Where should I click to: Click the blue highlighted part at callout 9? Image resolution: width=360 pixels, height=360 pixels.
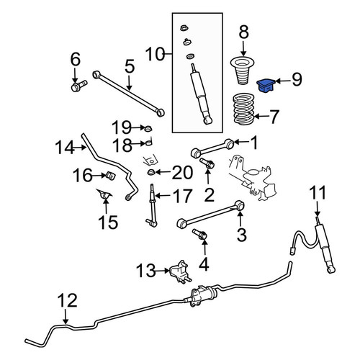pyautogui.click(x=266, y=86)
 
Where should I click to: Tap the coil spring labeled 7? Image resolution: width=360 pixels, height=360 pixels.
pyautogui.click(x=243, y=109)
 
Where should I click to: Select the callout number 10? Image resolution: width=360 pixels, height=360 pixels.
pyautogui.click(x=156, y=54)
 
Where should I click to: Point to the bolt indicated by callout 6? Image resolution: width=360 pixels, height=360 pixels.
pyautogui.click(x=79, y=86)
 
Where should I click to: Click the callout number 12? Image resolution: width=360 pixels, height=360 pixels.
pyautogui.click(x=68, y=300)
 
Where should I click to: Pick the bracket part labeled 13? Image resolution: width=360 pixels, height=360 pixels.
pyautogui.click(x=180, y=271)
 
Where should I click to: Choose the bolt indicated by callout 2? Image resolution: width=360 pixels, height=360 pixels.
pyautogui.click(x=207, y=163)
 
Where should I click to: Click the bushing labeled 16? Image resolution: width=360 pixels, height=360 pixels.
pyautogui.click(x=111, y=176)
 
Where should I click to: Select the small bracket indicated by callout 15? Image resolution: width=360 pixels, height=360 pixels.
pyautogui.click(x=104, y=194)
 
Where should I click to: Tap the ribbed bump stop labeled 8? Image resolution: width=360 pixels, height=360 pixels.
pyautogui.click(x=243, y=71)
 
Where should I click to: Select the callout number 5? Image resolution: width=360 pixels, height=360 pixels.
pyautogui.click(x=130, y=66)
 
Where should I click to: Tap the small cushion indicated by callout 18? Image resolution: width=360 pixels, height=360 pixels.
pyautogui.click(x=149, y=143)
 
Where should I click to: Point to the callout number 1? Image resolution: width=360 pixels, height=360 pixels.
pyautogui.click(x=253, y=143)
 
